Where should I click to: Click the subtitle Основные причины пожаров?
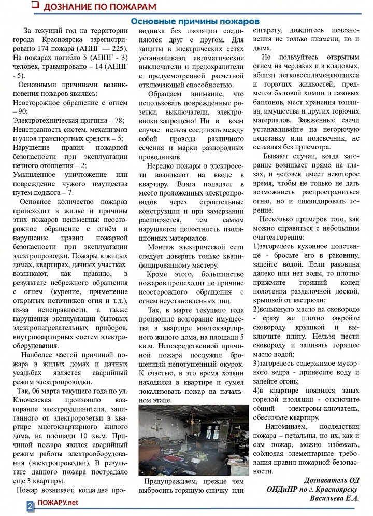click(194, 21)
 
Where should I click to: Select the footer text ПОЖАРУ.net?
click(58, 504)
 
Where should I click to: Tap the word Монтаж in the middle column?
click(164, 247)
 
